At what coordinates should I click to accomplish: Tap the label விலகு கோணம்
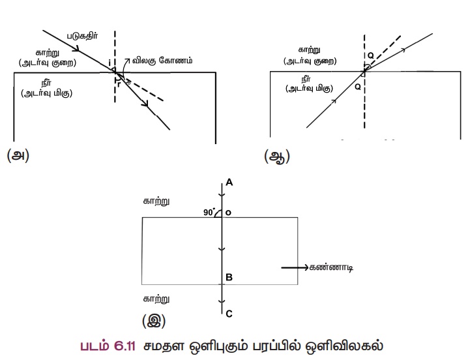(160, 59)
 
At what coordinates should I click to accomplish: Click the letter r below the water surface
(119, 83)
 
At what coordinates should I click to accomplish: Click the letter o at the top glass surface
(229, 212)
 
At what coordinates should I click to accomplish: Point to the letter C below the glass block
(229, 314)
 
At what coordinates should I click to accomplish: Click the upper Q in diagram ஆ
(370, 56)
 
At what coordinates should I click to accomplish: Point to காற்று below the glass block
(157, 299)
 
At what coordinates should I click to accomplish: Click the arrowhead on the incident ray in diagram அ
(77, 48)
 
